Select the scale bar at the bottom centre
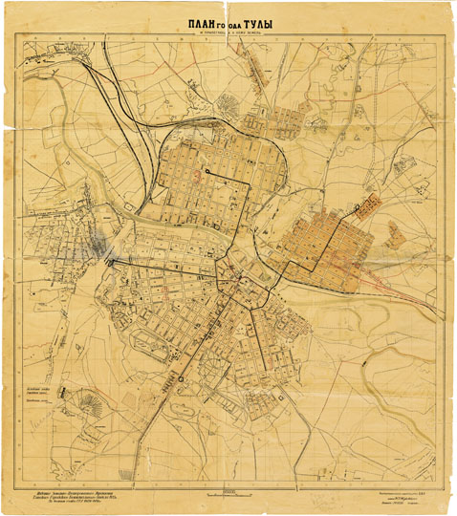pyautogui.click(x=227, y=489)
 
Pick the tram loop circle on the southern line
pyautogui.click(x=179, y=380)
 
